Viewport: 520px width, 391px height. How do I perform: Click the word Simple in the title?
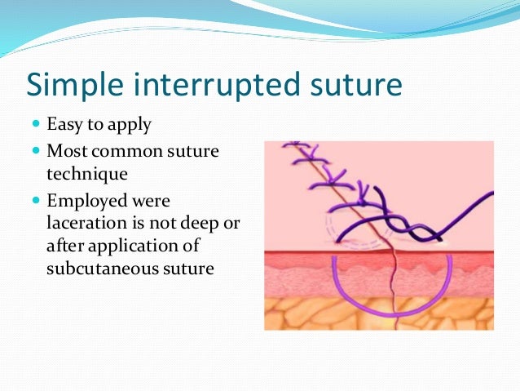(x=73, y=85)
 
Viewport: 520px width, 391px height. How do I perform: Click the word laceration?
(x=83, y=223)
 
